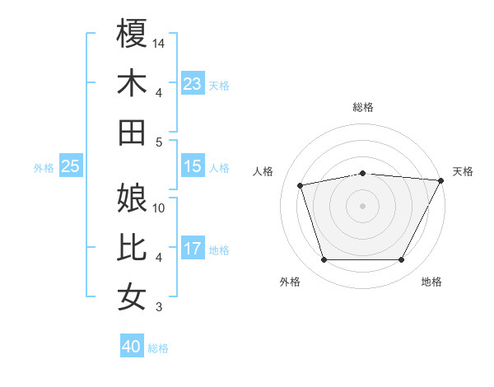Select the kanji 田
tap(133, 133)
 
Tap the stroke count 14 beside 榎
tap(160, 43)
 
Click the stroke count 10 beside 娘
tap(160, 207)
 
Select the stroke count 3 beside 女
tap(160, 307)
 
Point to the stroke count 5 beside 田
tap(160, 142)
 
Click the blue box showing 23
tap(193, 84)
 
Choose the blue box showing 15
tap(193, 166)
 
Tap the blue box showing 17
tap(193, 249)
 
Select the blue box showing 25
tap(71, 166)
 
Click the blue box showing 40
tap(132, 347)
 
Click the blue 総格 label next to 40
tap(159, 348)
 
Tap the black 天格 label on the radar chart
tap(463, 171)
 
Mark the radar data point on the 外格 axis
tap(324, 260)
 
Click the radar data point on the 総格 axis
tap(362, 173)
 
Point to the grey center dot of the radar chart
tap(362, 205)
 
